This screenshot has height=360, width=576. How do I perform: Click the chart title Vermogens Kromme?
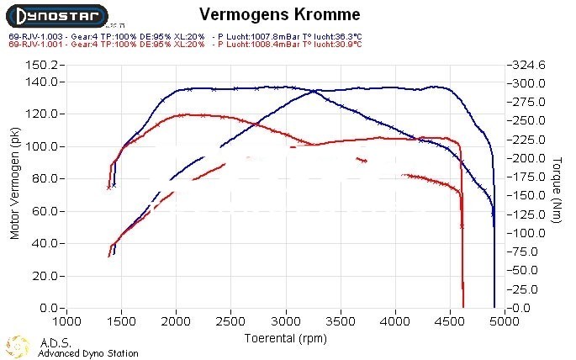click(280, 14)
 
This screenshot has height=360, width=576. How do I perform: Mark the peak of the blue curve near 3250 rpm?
click(314, 90)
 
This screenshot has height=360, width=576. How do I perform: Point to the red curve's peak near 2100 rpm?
click(182, 114)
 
